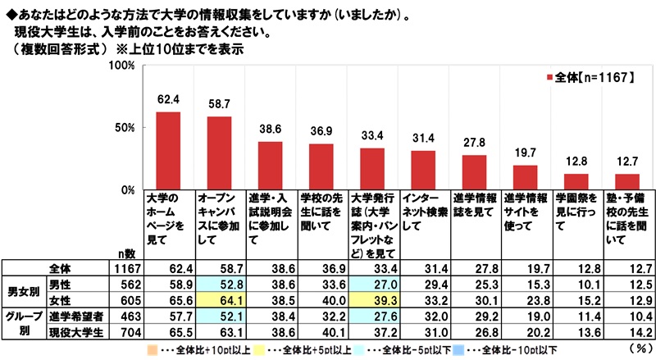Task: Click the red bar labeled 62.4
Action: click(168, 150)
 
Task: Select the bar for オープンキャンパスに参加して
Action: click(219, 153)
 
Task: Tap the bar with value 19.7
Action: click(524, 177)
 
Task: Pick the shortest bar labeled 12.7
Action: click(626, 181)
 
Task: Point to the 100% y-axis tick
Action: click(121, 65)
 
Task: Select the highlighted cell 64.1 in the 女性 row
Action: click(219, 298)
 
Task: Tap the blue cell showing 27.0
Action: click(372, 283)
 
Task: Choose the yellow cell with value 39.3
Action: click(372, 298)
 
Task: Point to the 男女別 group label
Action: click(20, 290)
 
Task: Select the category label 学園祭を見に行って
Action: click(575, 208)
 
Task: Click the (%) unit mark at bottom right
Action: click(635, 349)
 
